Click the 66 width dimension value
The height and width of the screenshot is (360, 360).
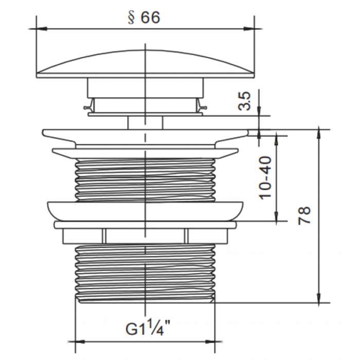[150, 17]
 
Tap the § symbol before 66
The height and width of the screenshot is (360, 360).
[131, 17]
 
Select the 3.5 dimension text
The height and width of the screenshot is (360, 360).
[244, 101]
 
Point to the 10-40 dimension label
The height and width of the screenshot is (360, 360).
[265, 178]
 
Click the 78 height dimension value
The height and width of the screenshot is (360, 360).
[304, 215]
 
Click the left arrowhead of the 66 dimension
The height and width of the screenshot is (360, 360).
[42, 29]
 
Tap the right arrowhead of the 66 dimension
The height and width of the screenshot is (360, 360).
[249, 29]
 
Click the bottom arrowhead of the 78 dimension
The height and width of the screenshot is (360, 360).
[318, 298]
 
